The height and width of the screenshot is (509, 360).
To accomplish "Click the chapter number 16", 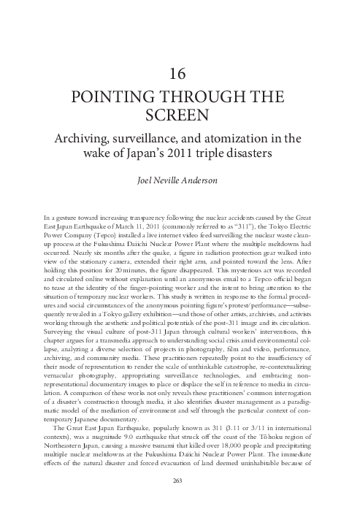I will [180, 73].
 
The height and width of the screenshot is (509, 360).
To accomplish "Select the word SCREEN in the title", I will [180, 117].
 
